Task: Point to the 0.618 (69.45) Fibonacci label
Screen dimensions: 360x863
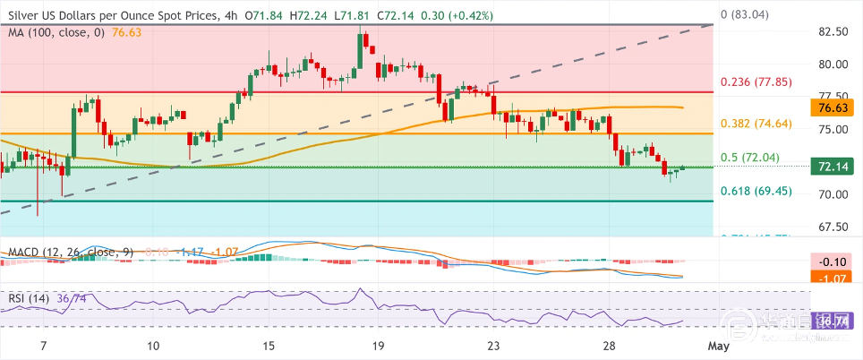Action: (756, 191)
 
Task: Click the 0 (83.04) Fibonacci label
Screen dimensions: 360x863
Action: (746, 15)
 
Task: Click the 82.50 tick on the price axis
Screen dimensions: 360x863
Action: (833, 32)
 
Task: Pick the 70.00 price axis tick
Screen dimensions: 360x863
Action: (833, 194)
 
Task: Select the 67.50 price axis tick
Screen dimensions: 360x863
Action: (833, 227)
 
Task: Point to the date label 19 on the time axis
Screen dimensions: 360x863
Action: (378, 346)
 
